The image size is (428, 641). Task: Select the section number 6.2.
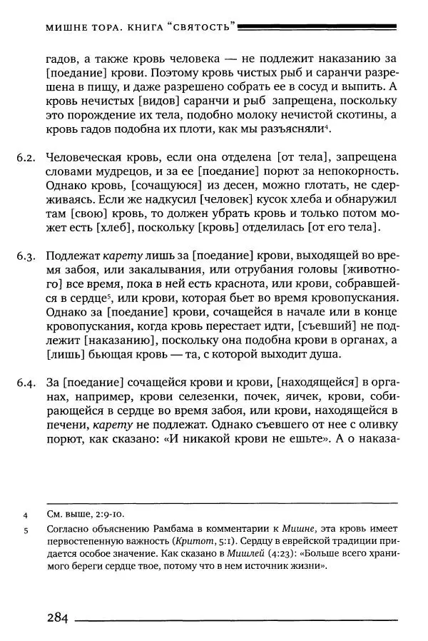tap(26, 157)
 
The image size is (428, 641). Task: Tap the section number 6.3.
tap(26, 256)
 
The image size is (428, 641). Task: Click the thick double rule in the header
tap(317, 27)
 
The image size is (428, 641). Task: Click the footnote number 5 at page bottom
tap(25, 530)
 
